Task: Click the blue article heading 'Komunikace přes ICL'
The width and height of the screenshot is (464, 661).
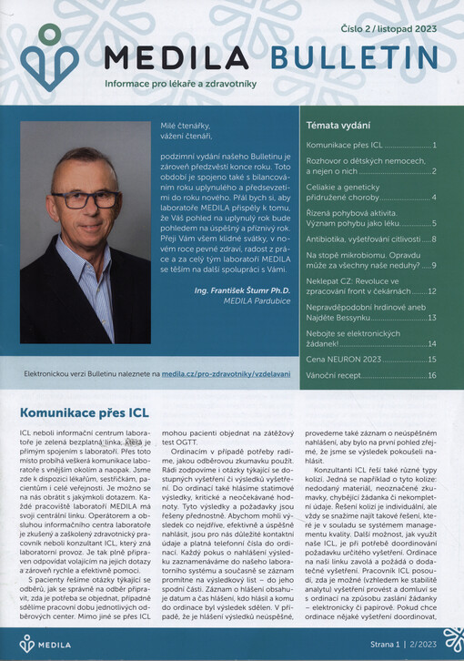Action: click(84, 412)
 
